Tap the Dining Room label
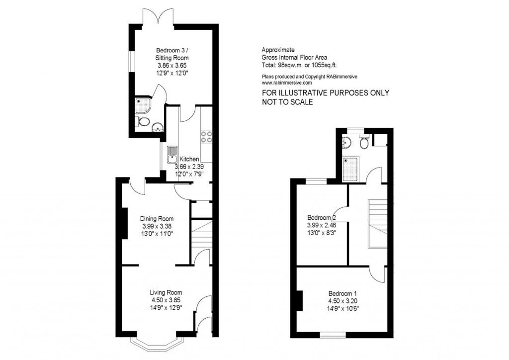pyautogui.click(x=157, y=219)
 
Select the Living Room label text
pyautogui.click(x=166, y=292)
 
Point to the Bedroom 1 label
pyautogui.click(x=343, y=293)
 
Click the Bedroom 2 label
pyautogui.click(x=322, y=218)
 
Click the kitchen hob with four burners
pyautogui.click(x=206, y=137)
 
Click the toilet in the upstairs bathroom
pyautogui.click(x=364, y=142)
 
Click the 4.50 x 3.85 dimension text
pyautogui.click(x=166, y=300)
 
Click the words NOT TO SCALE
pyautogui.click(x=287, y=102)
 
